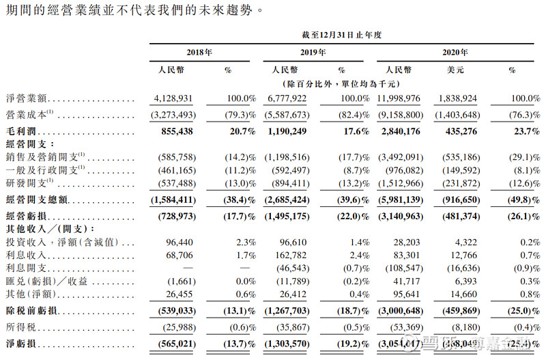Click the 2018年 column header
199,53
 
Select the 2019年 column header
312,53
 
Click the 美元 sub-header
455,70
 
